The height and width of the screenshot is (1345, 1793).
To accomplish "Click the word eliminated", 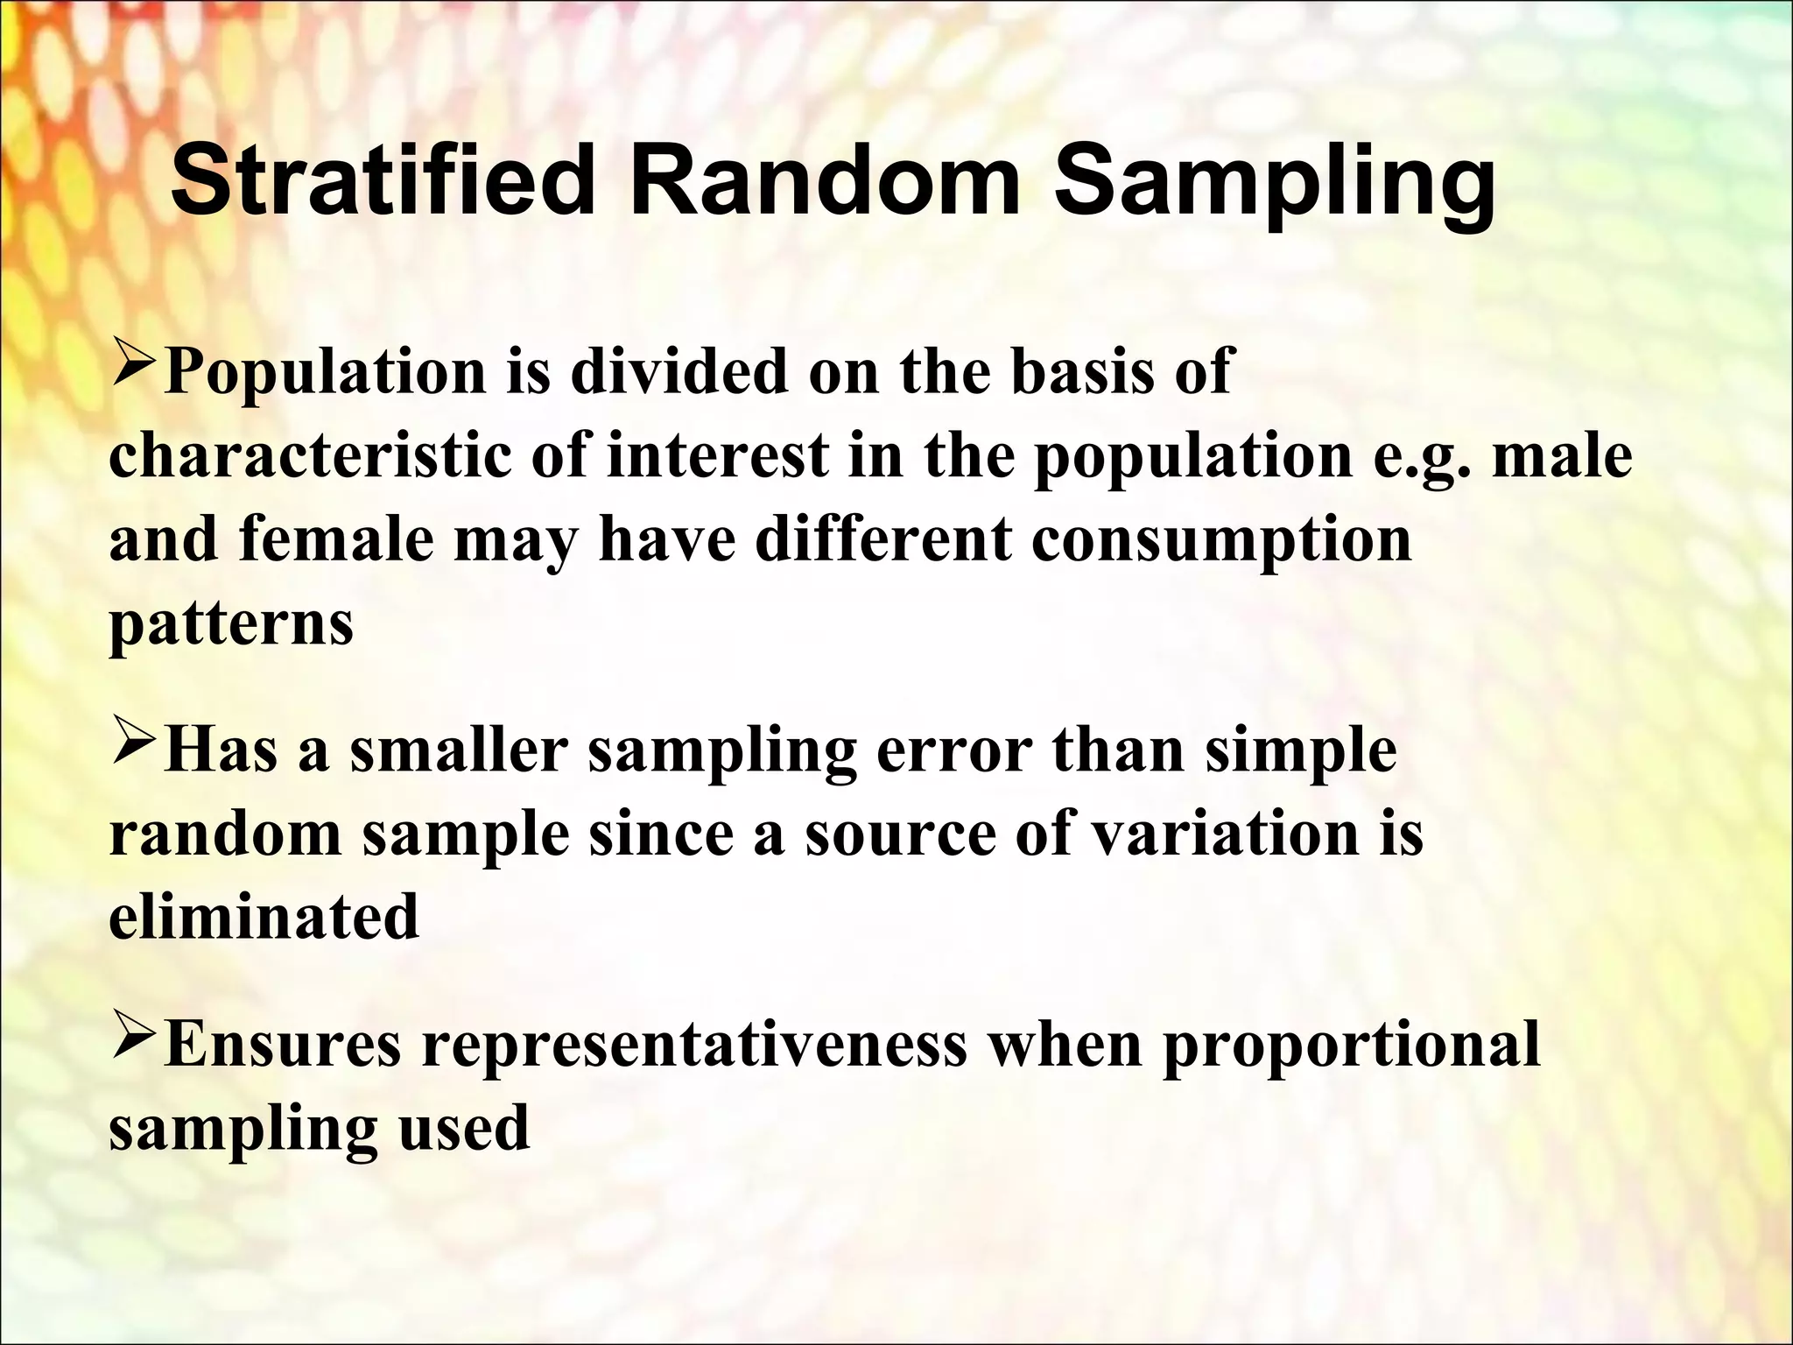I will tap(264, 917).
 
